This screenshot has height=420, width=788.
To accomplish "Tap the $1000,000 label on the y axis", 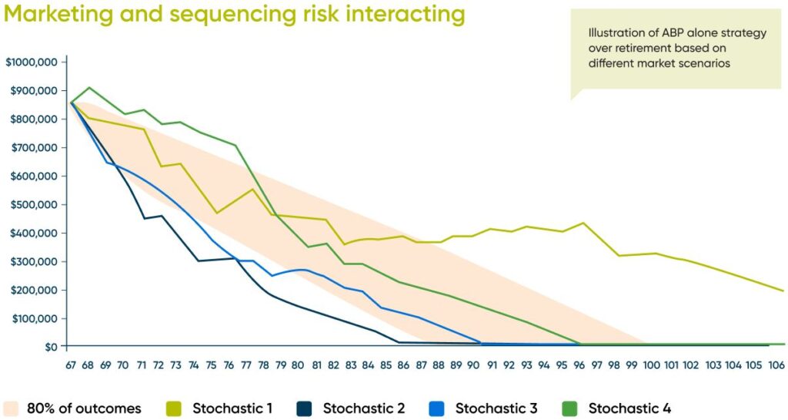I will pos(32,62).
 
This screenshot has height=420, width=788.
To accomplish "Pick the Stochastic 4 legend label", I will pos(629,408).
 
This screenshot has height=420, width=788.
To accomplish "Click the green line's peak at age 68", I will pos(89,88).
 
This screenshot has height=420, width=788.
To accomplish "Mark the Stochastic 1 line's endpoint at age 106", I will pos(783,291).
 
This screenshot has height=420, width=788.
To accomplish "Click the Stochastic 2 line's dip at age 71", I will pos(143,219).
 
